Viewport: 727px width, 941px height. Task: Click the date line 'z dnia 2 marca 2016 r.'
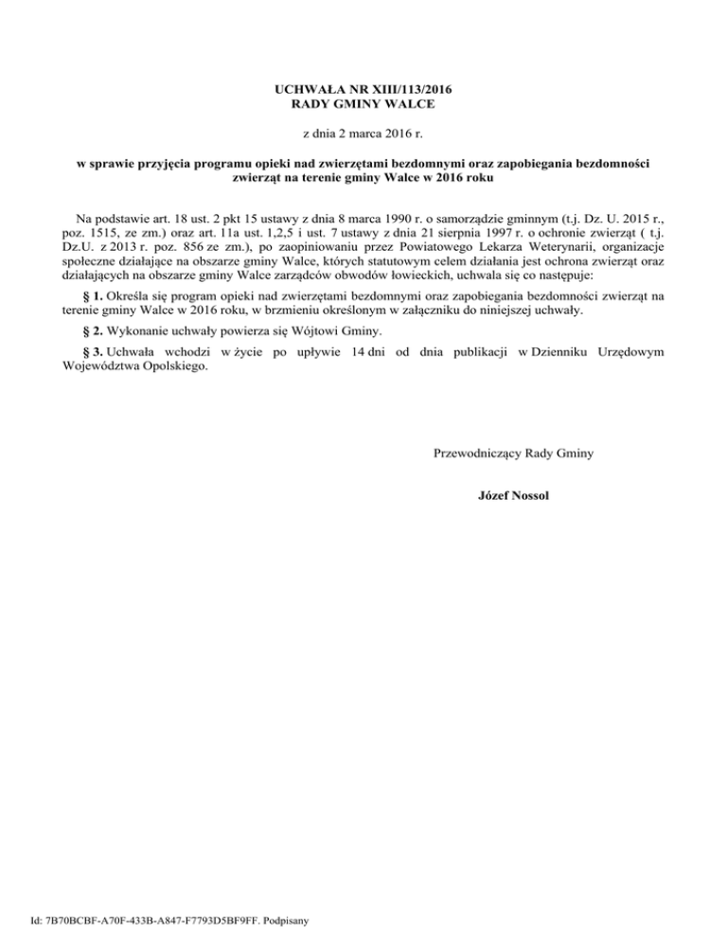point(363,133)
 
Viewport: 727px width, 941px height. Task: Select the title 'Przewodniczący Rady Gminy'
point(513,453)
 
